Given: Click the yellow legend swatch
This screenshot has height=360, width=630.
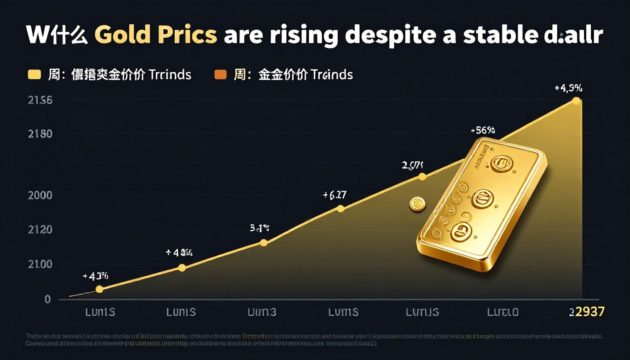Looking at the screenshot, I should [34, 75].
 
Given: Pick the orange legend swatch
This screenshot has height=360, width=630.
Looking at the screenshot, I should [220, 75].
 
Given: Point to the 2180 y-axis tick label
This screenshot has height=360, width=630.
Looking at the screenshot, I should [40, 134].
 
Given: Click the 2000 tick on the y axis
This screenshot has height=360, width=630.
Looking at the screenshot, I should [40, 195].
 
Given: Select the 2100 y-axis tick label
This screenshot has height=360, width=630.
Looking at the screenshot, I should [40, 264].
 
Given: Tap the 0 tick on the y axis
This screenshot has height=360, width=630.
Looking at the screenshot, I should [47, 299].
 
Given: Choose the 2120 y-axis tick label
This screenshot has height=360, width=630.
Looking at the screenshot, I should [40, 230].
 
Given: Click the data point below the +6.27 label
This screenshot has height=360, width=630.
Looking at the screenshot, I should [340, 209].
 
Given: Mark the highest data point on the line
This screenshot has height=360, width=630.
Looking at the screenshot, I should [576, 101].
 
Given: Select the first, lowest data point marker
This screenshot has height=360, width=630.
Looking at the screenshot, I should [99, 289].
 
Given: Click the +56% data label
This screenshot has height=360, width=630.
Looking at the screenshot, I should [483, 130].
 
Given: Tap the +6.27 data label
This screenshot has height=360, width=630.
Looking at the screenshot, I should [335, 195].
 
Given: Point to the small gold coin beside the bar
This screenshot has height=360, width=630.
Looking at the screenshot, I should [417, 204].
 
